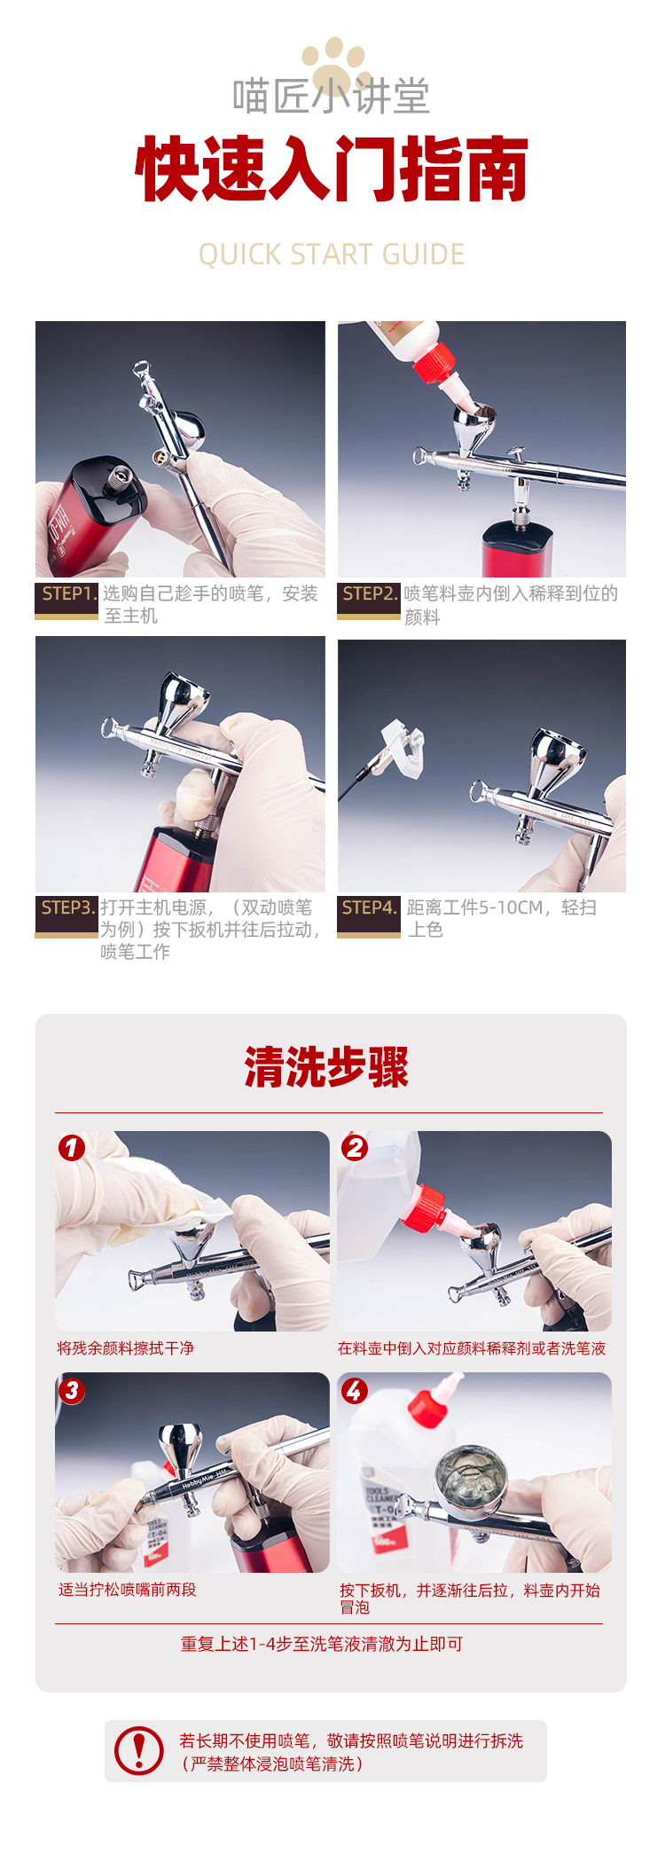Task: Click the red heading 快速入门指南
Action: pos(332,169)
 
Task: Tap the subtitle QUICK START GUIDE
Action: pos(332,255)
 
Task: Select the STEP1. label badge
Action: pos(66,599)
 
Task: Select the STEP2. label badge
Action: pos(369,599)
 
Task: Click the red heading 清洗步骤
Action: pos(326,1066)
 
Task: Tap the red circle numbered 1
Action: pos(72,1148)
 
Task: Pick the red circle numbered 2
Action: pos(355,1148)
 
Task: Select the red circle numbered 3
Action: pos(72,1390)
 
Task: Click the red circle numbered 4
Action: pos(355,1390)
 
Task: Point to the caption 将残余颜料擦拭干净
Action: pos(126,1348)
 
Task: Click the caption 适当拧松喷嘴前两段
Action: pos(128,1590)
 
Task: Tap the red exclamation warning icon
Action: pos(139,1750)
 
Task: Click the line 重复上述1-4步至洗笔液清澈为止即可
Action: pos(322,1644)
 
